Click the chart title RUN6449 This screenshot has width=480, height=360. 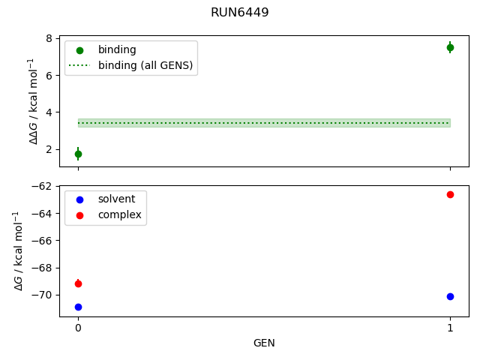click(x=240, y=13)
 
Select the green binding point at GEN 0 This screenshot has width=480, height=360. click(x=78, y=154)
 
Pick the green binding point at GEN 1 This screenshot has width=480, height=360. click(x=450, y=47)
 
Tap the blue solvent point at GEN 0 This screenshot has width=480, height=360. click(x=78, y=307)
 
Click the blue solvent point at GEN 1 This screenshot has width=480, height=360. click(x=450, y=296)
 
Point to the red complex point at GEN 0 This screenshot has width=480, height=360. click(x=78, y=283)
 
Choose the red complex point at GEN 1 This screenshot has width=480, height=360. click(x=450, y=194)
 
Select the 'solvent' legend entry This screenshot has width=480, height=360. click(x=116, y=199)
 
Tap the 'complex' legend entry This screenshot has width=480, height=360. click(x=119, y=215)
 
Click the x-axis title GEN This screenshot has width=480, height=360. click(x=264, y=343)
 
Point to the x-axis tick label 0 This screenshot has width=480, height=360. click(x=78, y=328)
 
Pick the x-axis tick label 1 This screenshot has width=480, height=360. click(x=450, y=328)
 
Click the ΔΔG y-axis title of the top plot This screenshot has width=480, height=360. click(x=32, y=101)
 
